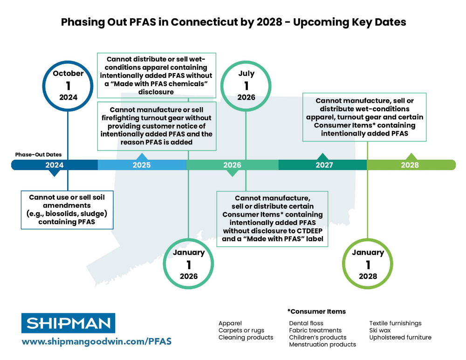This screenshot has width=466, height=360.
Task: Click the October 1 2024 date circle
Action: coord(68,86)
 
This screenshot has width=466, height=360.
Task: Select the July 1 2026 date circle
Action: coord(246,85)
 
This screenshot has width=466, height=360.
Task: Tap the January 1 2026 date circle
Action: coord(189,264)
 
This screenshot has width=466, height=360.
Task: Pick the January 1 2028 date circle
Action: coord(368,264)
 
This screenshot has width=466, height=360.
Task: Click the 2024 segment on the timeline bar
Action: coord(55,165)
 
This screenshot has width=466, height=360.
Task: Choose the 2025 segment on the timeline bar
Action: coord(142,165)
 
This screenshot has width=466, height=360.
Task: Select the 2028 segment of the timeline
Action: coord(410,165)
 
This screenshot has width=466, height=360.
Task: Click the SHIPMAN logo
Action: coord(68,323)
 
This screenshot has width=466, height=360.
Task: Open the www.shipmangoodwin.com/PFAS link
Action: coord(96,341)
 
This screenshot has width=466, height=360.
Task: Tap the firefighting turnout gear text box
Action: coord(157,126)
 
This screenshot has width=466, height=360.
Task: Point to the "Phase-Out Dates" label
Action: coord(38,154)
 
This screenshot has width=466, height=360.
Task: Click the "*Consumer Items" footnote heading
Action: coord(316,311)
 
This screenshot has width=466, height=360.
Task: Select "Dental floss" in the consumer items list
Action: coord(306,323)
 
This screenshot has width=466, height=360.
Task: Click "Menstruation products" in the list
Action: coord(322,345)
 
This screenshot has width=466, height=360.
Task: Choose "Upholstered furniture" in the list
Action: coord(400,337)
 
